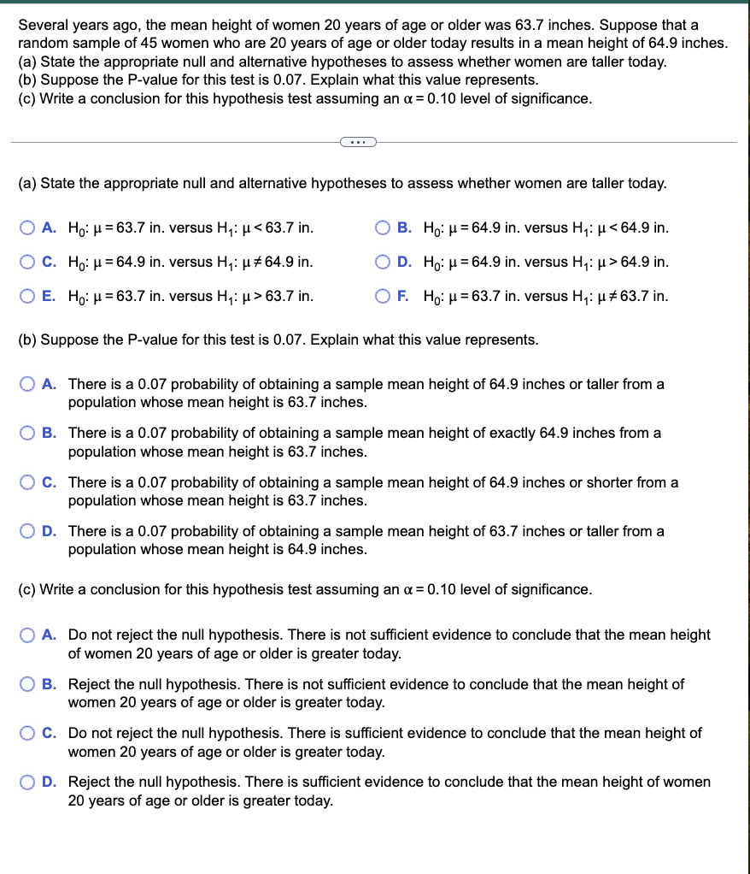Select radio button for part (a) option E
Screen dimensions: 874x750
(x=27, y=296)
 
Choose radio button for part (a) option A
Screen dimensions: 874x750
(x=27, y=227)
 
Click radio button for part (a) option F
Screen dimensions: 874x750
(x=384, y=296)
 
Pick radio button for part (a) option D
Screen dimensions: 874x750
(x=384, y=262)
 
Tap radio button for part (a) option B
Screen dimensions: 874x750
(x=384, y=227)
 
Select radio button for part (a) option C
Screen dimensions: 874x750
(x=27, y=262)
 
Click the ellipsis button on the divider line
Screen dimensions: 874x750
(x=358, y=142)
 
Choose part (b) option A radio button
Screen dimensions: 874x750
(x=27, y=384)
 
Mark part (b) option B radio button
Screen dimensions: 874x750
(x=27, y=433)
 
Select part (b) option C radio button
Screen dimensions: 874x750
(x=27, y=482)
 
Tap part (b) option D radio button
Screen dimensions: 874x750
(x=27, y=531)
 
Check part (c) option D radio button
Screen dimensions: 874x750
(x=27, y=782)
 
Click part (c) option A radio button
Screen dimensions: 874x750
(x=27, y=635)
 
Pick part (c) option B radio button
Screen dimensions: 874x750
(x=27, y=684)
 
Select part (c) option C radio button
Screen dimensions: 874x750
(x=27, y=733)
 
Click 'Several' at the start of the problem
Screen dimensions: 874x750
(x=42, y=24)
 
